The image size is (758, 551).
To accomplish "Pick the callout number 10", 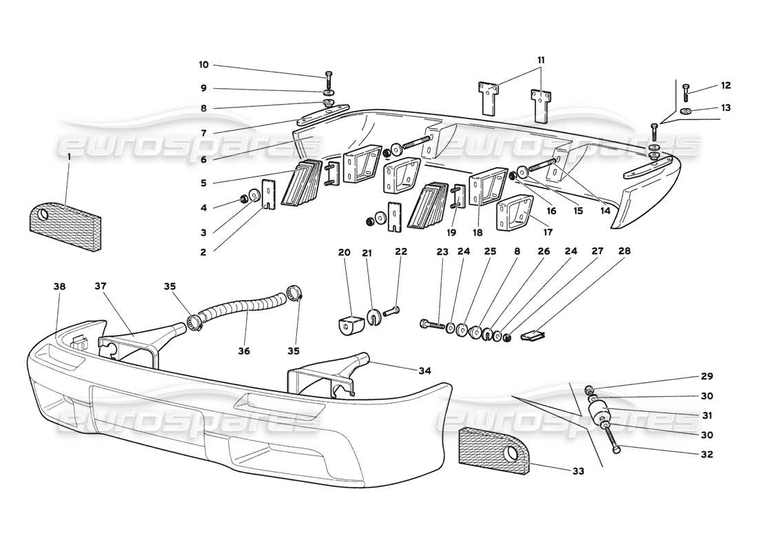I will [203, 65].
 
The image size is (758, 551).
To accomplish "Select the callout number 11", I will [541, 61].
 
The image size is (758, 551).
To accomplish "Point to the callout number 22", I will [401, 252].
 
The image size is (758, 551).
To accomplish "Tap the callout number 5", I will [203, 183].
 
